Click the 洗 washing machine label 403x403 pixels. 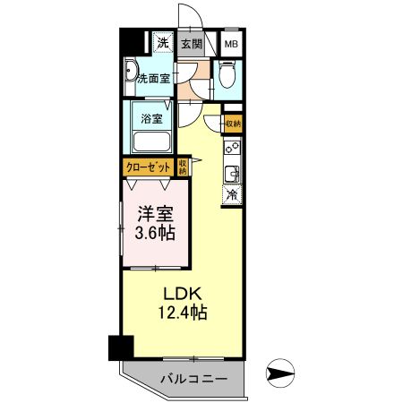[x=162, y=42]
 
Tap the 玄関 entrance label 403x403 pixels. [x=191, y=43]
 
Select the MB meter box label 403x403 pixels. [x=231, y=43]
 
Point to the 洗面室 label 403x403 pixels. [x=153, y=79]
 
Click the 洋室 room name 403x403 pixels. [x=153, y=215]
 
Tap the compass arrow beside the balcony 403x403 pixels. [x=280, y=373]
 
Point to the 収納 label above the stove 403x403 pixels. [x=232, y=123]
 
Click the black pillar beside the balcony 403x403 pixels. [x=118, y=347]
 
